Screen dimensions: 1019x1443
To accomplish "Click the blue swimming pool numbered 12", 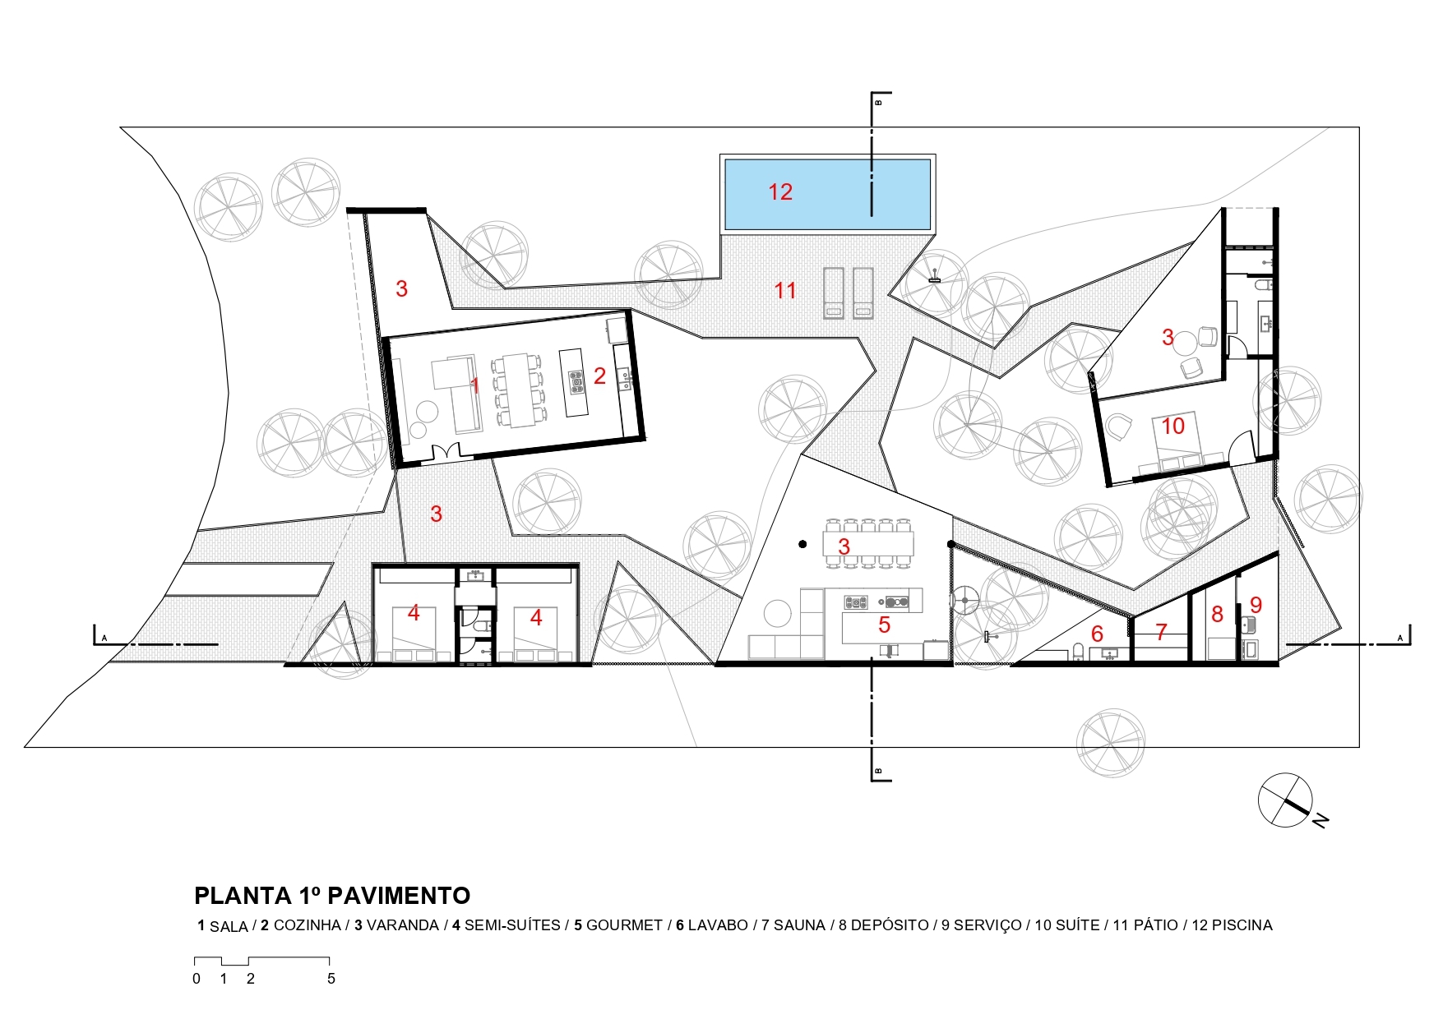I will pos(826,194).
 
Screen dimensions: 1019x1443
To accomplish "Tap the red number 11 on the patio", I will pos(785,290).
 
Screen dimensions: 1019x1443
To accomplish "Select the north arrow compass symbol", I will pos(1286,800).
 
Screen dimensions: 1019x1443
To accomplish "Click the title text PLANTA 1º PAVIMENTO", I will pos(332,895).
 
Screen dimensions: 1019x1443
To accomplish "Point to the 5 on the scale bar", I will pos(331,979).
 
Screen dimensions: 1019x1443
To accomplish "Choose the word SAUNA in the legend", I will pos(799,925).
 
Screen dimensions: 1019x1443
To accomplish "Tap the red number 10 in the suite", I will pos(1172,426).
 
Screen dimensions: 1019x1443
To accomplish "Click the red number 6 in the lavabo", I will pos(1097,634).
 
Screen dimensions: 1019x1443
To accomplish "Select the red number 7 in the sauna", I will pos(1161,632).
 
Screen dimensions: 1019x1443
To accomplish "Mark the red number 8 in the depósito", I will pos(1217,614).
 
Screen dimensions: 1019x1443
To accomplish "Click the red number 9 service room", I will pos(1256,605).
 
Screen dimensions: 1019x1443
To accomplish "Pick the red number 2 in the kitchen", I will pos(599,376).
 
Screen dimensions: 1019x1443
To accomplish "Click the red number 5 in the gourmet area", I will pos(884,625).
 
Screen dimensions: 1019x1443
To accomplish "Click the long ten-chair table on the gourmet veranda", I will pos(869,543).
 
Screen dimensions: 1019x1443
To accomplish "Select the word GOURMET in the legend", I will pos(624,925).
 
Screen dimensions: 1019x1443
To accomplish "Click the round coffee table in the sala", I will pos(426,410).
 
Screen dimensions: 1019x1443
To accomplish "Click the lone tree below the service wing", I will pos(1110,743).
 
